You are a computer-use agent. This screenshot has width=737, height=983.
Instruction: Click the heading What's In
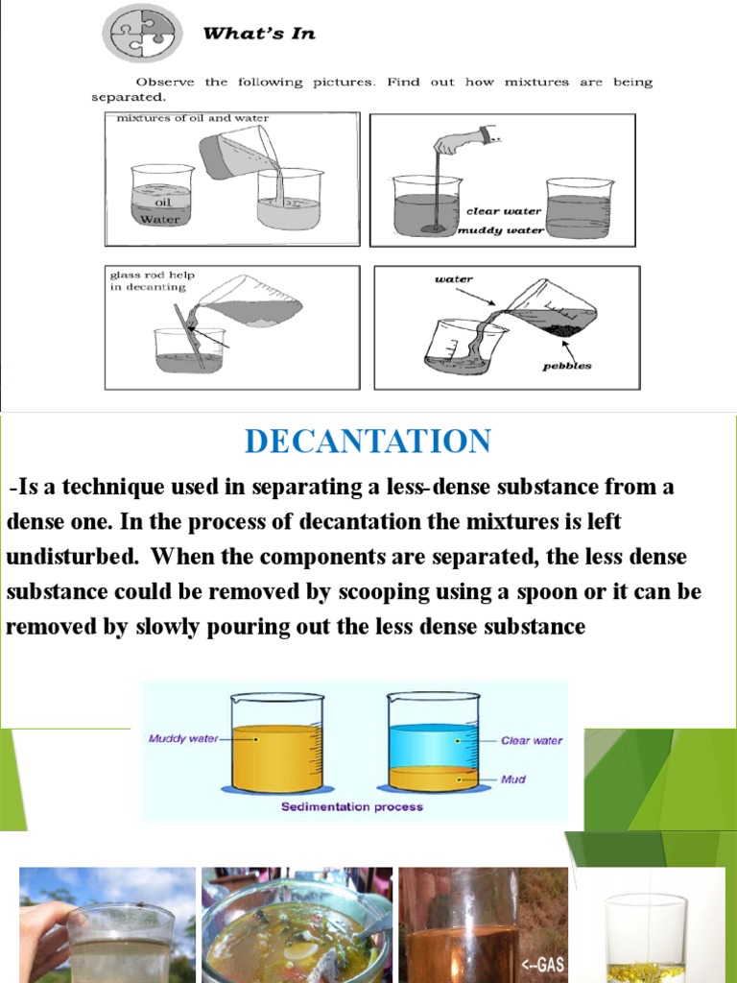258,34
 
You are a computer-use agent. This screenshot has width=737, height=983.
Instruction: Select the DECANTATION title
368,441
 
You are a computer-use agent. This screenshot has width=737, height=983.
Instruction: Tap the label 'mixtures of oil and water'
193,118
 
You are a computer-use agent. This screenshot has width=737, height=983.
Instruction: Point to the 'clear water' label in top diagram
503,211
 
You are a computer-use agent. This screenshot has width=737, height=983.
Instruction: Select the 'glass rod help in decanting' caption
149,280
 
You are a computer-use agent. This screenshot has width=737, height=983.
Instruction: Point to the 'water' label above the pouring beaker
453,279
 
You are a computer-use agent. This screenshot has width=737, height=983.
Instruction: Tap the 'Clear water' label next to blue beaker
532,741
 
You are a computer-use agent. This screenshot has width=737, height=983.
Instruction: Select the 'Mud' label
514,779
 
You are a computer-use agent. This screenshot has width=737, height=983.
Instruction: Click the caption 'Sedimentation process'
351,807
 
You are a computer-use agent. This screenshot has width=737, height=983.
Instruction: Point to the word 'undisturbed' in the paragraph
72,557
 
